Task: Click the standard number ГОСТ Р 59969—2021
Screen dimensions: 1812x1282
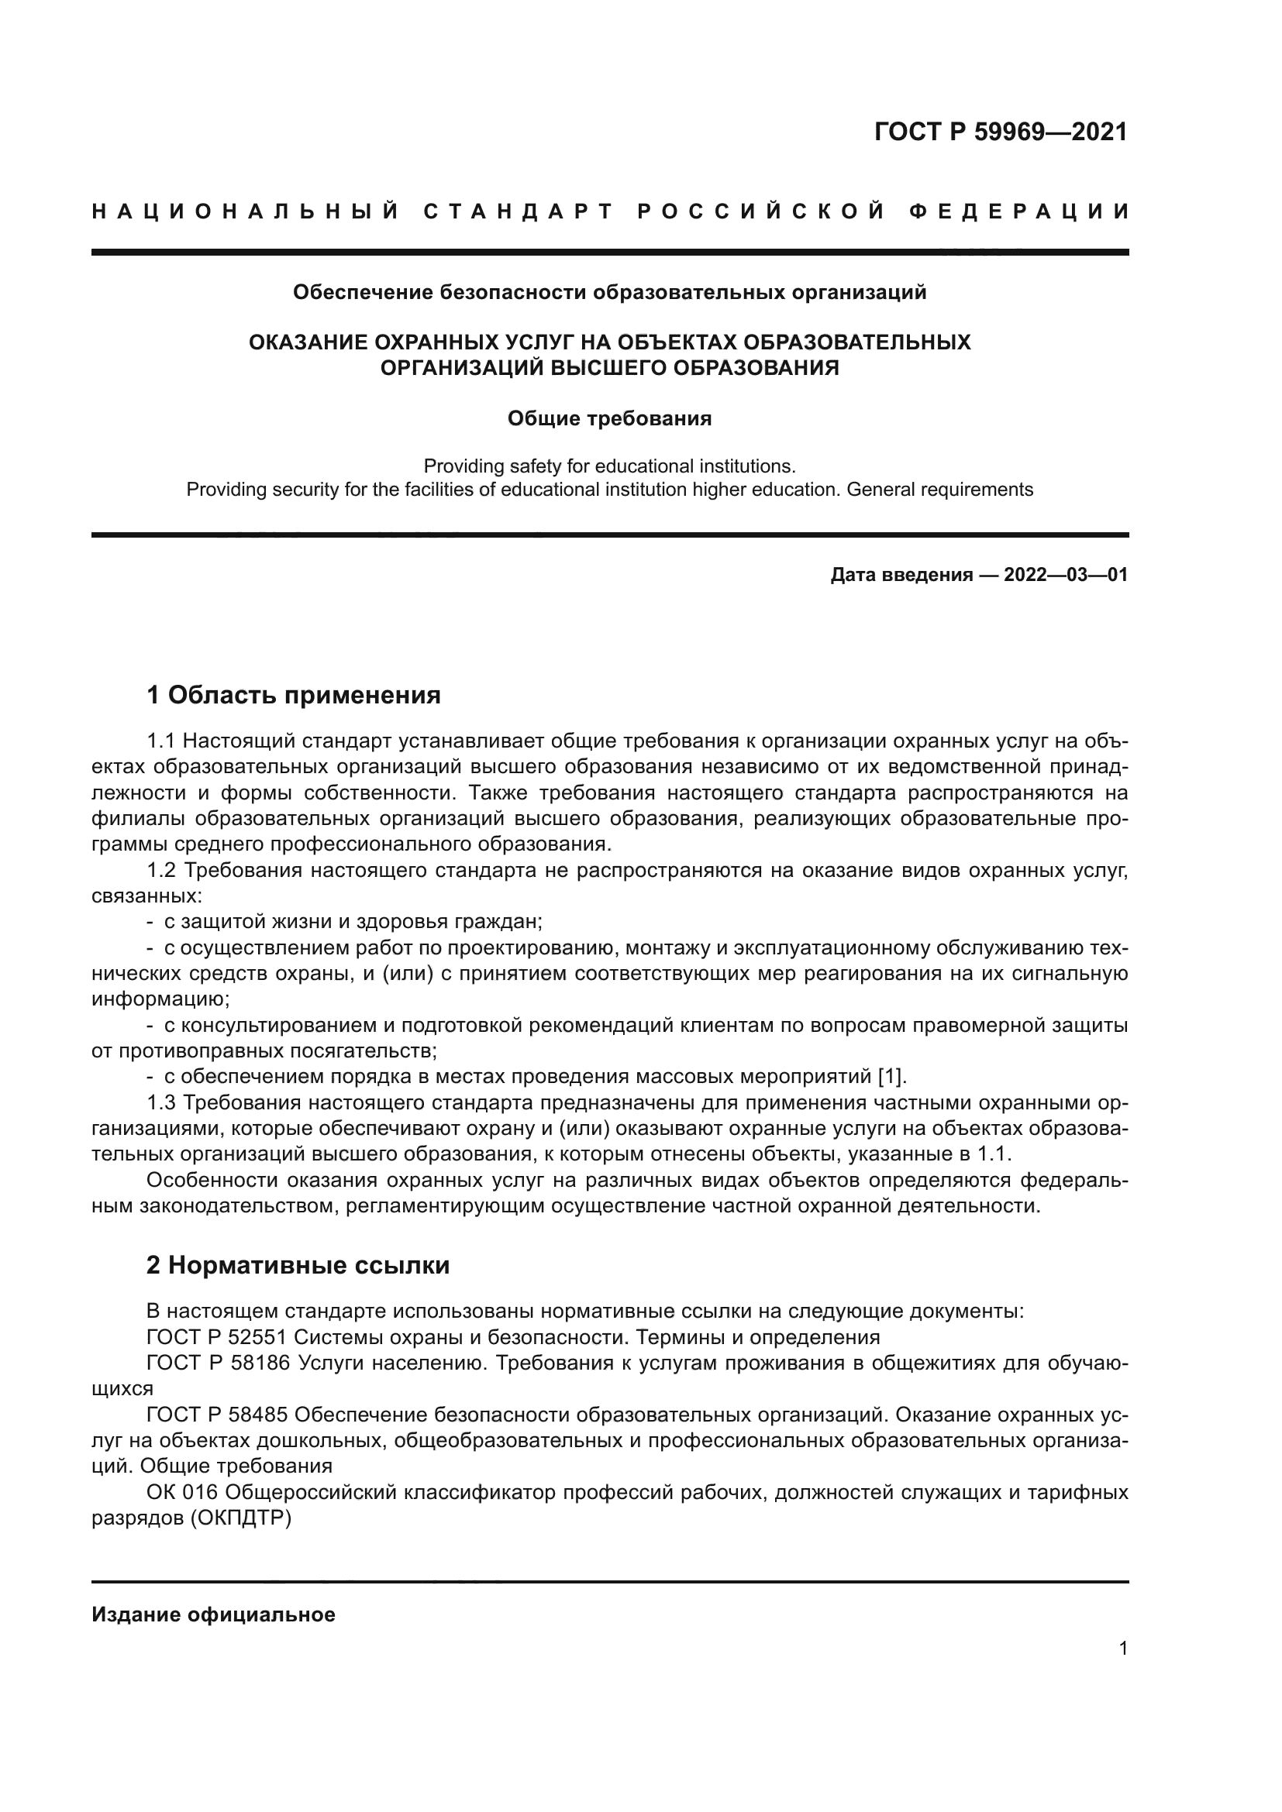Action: coord(1001,132)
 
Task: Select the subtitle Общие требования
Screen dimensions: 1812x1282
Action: coord(609,418)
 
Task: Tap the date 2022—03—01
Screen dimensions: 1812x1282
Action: coord(1066,575)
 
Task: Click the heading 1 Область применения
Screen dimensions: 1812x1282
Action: coord(294,695)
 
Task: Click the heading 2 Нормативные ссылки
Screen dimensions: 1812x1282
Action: coord(298,1265)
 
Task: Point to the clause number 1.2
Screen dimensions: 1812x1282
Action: coord(163,871)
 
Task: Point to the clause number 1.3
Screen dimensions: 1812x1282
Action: coord(163,1102)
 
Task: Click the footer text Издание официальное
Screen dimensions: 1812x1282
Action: coord(213,1614)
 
